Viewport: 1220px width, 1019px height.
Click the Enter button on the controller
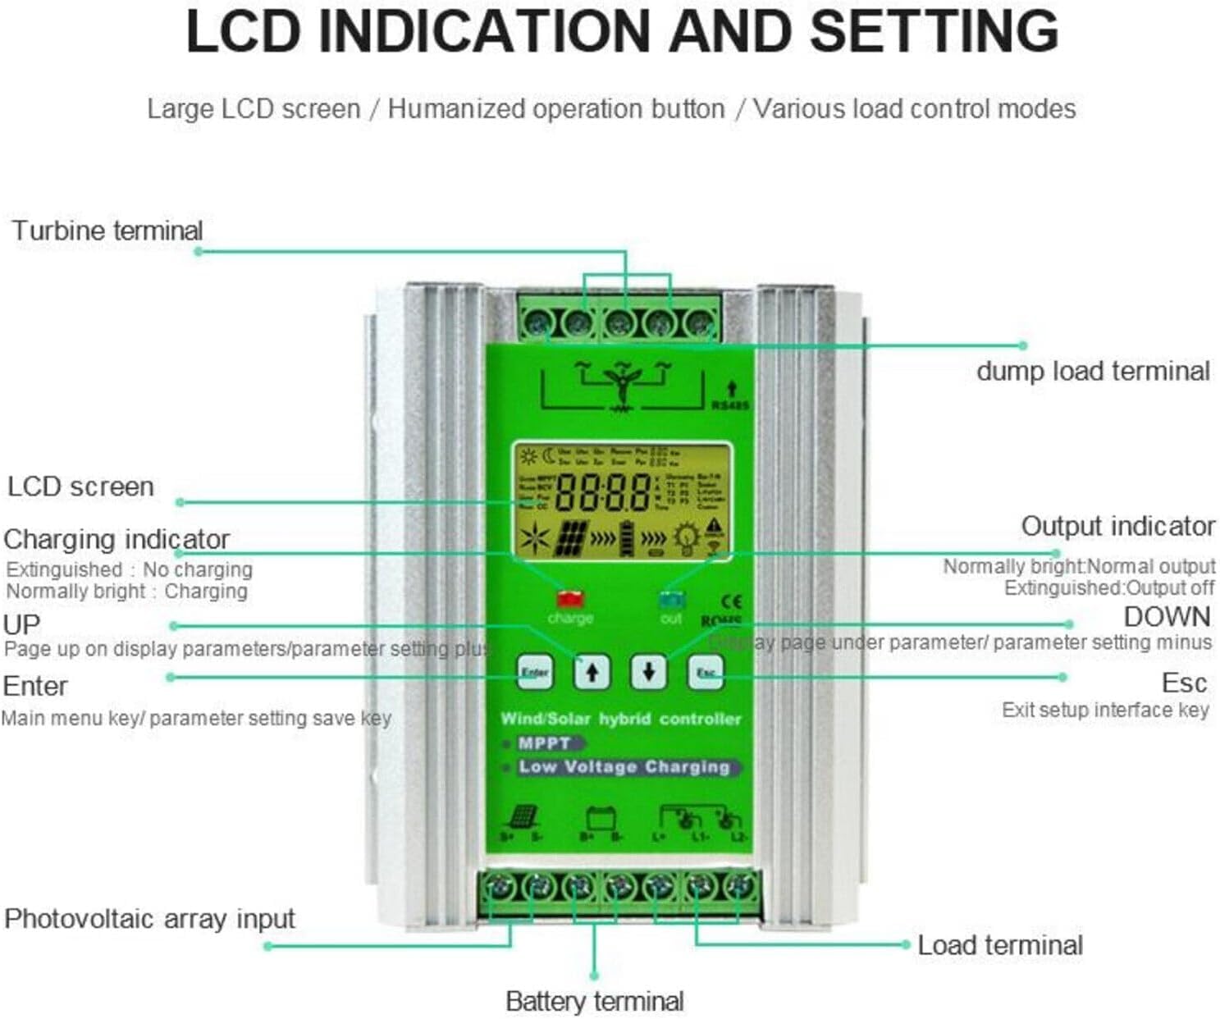pos(534,673)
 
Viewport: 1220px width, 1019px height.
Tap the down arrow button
pos(648,672)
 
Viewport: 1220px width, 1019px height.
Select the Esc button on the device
pos(706,673)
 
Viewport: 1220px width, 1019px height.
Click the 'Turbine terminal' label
pos(107,231)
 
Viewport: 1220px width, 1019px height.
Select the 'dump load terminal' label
pos(1092,371)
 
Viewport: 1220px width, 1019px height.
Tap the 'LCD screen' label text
pos(80,487)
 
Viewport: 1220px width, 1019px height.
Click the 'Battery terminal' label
pos(594,1001)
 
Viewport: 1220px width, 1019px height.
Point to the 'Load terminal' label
pos(999,945)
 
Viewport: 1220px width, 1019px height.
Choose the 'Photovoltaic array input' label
pos(149,919)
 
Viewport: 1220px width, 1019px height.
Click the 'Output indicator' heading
pos(1117,526)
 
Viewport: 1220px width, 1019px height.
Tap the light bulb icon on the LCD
pos(686,538)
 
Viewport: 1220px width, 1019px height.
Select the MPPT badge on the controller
pos(545,743)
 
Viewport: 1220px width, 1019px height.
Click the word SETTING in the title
pos(934,31)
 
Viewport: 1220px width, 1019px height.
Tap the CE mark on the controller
pos(730,601)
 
